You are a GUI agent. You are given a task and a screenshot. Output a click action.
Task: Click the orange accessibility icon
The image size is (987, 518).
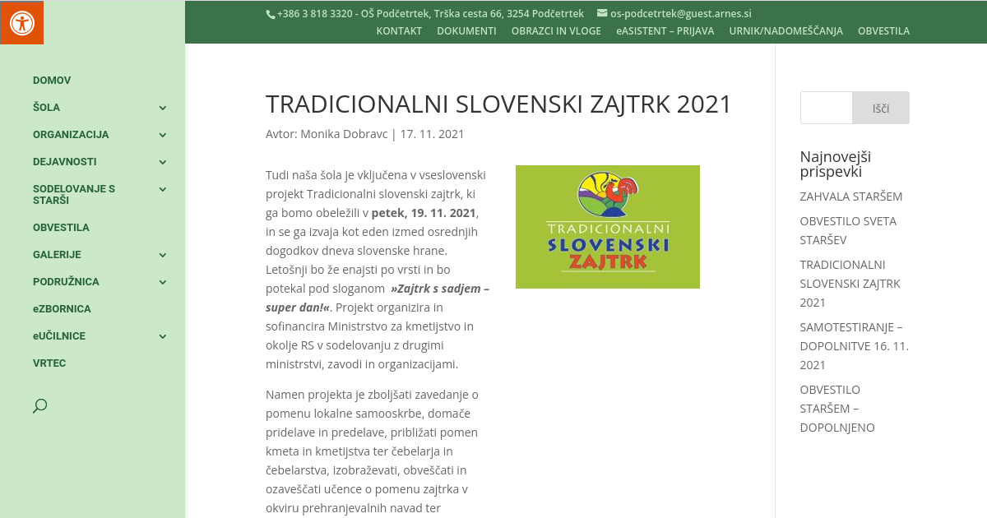point(21,22)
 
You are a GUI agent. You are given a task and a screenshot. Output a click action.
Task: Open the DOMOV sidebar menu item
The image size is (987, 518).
point(52,81)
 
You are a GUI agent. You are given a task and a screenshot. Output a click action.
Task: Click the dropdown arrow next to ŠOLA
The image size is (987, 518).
point(163,108)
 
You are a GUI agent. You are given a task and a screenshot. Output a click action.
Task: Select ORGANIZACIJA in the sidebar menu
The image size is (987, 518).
point(71,135)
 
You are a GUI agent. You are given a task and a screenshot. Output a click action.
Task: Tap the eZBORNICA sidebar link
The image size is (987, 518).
point(62,309)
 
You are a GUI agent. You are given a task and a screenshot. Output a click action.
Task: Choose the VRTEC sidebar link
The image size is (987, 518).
point(49,363)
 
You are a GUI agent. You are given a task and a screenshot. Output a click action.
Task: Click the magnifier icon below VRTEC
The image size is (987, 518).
point(39,405)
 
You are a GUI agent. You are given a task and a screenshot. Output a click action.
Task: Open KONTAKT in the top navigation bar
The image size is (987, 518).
point(399,31)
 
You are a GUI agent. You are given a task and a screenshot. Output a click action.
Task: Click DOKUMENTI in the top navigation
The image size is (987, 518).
point(466,31)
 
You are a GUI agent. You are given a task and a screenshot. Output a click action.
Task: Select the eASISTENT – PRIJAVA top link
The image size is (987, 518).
point(665,31)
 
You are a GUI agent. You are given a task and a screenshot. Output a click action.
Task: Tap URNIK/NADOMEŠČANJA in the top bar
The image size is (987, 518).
point(785,31)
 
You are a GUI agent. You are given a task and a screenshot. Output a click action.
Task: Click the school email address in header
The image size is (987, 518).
point(680,14)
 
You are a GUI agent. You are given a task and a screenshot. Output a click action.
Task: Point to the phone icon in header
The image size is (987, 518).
point(270,14)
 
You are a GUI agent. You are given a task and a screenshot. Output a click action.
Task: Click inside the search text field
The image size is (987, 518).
point(826,108)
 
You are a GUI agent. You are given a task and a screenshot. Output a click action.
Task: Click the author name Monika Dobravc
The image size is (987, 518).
point(344,134)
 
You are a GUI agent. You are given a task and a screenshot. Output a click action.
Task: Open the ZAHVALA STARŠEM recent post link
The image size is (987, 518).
point(850,197)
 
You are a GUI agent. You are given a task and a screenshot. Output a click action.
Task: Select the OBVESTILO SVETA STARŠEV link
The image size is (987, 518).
point(847,230)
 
